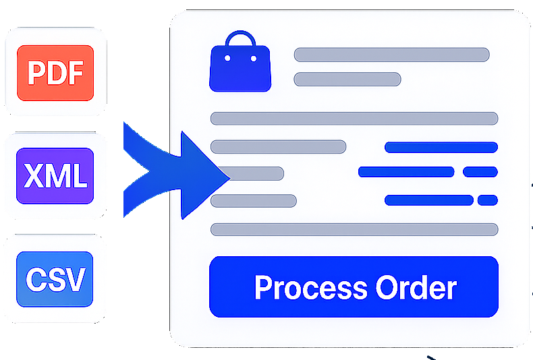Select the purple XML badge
point(55,176)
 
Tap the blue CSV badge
point(55,278)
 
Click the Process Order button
point(354,287)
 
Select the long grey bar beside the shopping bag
point(391,55)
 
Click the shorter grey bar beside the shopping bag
point(347,80)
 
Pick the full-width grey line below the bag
point(354,119)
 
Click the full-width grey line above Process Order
point(354,229)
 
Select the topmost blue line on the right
point(441,147)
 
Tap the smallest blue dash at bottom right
point(487,200)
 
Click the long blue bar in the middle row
point(405,172)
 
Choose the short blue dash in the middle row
point(480,172)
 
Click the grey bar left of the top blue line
point(278,147)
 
